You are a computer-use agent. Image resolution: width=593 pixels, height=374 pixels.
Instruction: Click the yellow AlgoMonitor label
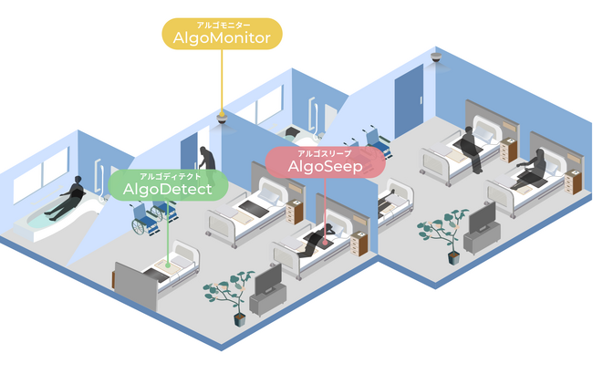tap(222, 34)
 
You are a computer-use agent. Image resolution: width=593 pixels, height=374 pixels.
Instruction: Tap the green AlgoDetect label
tap(168, 185)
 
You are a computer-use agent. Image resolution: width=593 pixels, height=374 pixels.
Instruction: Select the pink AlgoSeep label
tap(326, 162)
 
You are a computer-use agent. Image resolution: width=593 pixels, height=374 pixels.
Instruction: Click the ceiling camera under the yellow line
tap(222, 119)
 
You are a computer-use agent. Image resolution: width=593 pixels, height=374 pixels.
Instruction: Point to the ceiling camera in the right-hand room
tap(436, 57)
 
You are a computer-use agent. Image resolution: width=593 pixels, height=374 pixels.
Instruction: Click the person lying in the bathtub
tap(64, 198)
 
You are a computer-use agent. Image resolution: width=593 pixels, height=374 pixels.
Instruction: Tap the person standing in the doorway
tap(207, 159)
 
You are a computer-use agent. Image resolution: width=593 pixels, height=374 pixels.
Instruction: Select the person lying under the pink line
tap(317, 239)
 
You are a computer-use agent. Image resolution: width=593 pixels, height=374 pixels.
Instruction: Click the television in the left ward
tap(268, 279)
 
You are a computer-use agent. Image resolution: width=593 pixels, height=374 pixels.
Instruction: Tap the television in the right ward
tap(483, 218)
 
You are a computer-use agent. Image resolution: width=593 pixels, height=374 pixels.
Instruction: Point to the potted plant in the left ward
tap(230, 296)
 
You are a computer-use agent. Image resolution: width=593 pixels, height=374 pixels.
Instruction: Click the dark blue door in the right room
tap(409, 101)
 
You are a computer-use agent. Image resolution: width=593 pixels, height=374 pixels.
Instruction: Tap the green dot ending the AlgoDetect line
tap(168, 265)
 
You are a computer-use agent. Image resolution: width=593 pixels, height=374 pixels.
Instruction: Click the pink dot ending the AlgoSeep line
tap(325, 242)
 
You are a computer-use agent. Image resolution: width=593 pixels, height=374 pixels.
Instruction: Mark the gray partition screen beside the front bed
tap(136, 286)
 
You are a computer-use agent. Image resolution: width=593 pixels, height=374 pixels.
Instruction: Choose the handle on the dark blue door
tap(421, 99)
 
